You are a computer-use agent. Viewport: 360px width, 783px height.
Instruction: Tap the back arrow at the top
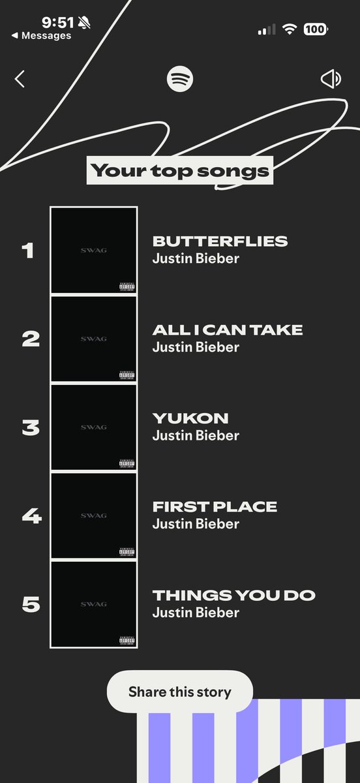tap(20, 79)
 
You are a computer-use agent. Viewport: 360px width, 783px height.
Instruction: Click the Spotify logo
tap(180, 80)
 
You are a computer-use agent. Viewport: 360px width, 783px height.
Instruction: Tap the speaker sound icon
tap(331, 80)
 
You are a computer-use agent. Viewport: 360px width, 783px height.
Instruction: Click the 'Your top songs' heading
tap(180, 171)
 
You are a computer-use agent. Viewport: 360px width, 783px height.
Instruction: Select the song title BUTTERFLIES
tap(220, 241)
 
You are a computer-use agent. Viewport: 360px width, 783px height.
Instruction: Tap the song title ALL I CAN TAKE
tap(228, 330)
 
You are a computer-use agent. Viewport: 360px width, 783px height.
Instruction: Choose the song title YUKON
tap(190, 418)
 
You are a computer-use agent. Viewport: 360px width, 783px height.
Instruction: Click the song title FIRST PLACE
tap(215, 506)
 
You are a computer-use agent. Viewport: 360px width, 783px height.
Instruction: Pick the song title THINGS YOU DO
tap(233, 595)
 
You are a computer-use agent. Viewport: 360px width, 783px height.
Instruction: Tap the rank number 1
tap(27, 251)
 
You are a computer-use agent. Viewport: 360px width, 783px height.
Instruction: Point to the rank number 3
tap(31, 427)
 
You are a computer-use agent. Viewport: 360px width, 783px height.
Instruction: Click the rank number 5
tap(31, 604)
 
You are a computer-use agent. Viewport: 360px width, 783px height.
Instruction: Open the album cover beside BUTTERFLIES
tap(94, 251)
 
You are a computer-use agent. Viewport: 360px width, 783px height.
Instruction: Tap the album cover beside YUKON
tap(94, 427)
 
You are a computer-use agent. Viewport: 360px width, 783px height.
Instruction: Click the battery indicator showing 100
tap(316, 29)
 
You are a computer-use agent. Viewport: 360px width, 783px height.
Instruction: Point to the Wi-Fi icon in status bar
tap(289, 29)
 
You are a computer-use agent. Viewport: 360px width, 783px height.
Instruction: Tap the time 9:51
tap(58, 22)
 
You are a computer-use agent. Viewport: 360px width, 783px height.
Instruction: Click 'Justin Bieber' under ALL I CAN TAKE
tap(196, 346)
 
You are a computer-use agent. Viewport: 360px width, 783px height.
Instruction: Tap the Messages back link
tap(42, 36)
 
